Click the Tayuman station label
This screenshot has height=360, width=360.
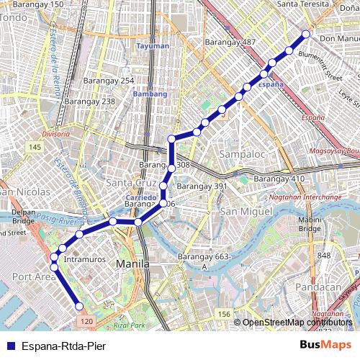tap(153, 46)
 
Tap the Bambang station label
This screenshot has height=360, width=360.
tap(150, 94)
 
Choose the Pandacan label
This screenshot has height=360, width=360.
tap(333, 287)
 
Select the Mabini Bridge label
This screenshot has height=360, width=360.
tap(310, 224)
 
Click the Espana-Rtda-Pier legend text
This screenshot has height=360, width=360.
tap(63, 346)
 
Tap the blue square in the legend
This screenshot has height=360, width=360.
tap(9, 346)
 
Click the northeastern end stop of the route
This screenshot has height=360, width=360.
tap(306, 34)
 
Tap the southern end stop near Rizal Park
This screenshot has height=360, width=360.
tap(80, 307)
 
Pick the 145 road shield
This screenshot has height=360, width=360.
tap(34, 147)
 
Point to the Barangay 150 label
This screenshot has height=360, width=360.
tap(37, 4)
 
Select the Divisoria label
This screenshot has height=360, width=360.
tap(55, 134)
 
